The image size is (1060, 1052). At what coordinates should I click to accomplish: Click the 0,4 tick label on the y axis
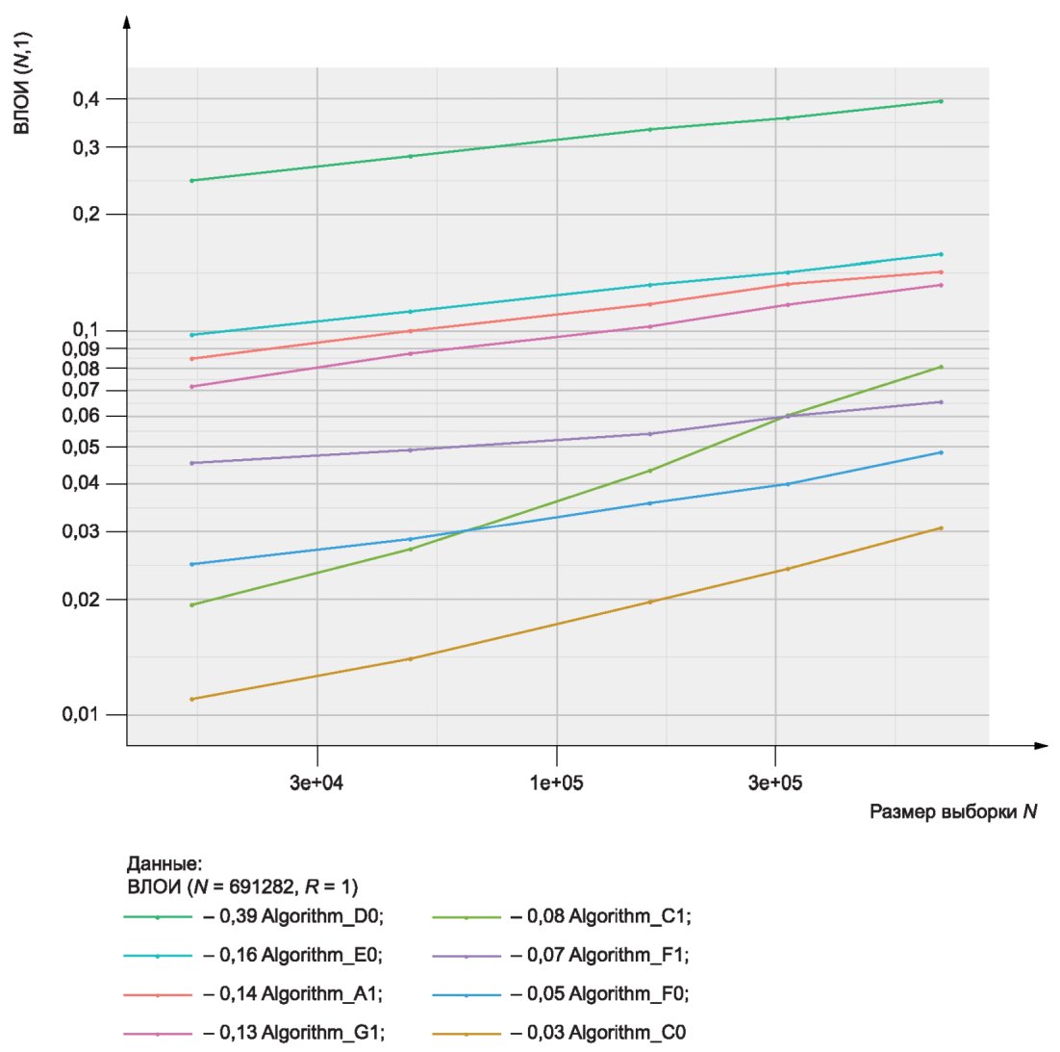(x=86, y=99)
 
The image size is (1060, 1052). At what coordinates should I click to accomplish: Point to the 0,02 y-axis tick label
(x=81, y=600)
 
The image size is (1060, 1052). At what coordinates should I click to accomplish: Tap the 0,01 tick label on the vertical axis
(x=81, y=714)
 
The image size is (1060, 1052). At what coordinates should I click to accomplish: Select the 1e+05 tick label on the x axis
(x=556, y=783)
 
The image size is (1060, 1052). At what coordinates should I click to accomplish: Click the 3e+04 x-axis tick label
(x=316, y=783)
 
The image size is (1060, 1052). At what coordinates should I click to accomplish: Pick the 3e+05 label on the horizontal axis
(x=774, y=783)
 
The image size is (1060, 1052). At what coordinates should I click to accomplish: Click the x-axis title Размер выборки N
(x=953, y=811)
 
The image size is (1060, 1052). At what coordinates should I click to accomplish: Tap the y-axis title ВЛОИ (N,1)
(x=22, y=83)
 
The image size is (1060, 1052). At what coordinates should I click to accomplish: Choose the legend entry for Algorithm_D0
(x=254, y=916)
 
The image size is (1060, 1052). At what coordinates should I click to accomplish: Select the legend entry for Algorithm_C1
(x=562, y=916)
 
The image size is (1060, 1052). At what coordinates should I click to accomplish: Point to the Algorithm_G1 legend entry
(x=254, y=1033)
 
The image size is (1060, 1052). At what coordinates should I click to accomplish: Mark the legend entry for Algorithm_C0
(x=559, y=1033)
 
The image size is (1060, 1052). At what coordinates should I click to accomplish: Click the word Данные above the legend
(x=164, y=864)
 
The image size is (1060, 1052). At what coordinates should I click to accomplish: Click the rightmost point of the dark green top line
(x=941, y=101)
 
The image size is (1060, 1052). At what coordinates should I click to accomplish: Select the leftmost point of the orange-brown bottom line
(x=192, y=699)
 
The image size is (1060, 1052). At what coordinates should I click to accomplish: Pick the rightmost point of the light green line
(x=941, y=368)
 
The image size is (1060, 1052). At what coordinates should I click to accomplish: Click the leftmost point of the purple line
(x=192, y=463)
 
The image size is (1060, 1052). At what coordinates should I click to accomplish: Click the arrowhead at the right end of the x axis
(x=1042, y=746)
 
